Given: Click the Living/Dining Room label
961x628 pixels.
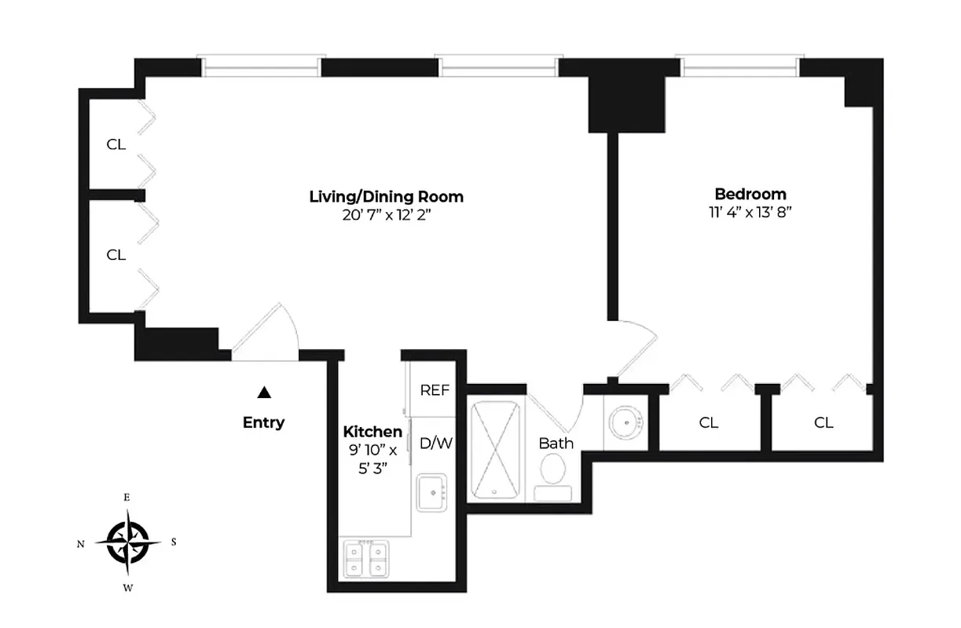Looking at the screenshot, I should pyautogui.click(x=386, y=196).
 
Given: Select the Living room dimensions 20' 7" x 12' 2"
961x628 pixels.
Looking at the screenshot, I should pyautogui.click(x=386, y=215).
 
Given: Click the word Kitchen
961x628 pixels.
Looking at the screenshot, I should pyautogui.click(x=372, y=432).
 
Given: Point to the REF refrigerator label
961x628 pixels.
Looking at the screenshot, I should pyautogui.click(x=435, y=390).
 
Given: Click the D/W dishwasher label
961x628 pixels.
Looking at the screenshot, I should pyautogui.click(x=436, y=443).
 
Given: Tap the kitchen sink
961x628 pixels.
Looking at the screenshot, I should pyautogui.click(x=431, y=493).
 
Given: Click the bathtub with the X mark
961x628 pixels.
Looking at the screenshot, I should pyautogui.click(x=495, y=450).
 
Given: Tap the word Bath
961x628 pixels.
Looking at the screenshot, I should pyautogui.click(x=556, y=444).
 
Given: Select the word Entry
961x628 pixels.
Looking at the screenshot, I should pyautogui.click(x=263, y=423).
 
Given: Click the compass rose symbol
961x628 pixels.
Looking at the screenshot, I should pyautogui.click(x=126, y=542).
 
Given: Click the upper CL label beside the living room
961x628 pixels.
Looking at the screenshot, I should pyautogui.click(x=116, y=144).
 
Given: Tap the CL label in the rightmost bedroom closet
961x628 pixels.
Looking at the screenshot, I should pyautogui.click(x=823, y=423).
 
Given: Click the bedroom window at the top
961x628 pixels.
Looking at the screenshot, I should pyautogui.click(x=741, y=68).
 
